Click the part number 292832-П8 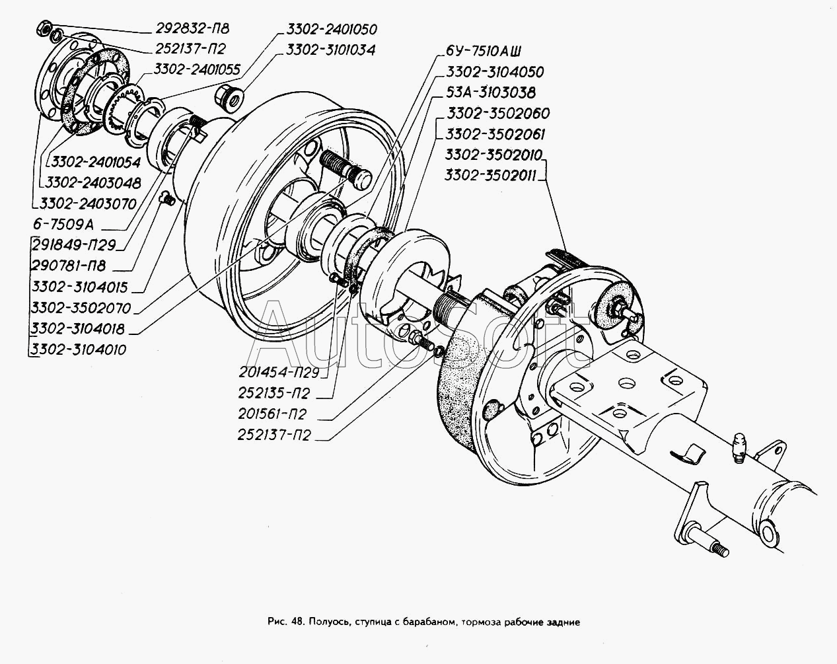coord(192,28)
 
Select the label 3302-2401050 coord(332,29)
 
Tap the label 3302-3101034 coord(331,50)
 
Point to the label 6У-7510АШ coord(483,51)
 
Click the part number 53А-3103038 coord(491,92)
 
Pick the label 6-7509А coord(63,225)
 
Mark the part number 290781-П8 coord(69,266)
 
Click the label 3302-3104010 coord(79,350)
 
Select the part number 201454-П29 coord(279,373)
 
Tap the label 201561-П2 coord(273,414)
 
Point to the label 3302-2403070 coord(89,204)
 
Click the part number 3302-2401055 coord(197,69)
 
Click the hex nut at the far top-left coord(43,28)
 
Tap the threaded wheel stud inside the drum coord(346,170)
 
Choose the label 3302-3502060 coord(498,114)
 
